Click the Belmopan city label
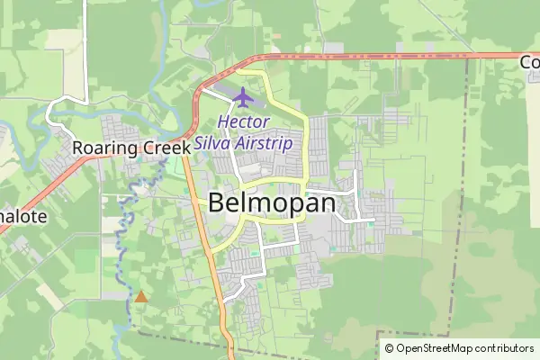tap(271, 203)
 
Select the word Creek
tap(164, 148)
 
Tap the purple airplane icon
tap(243, 95)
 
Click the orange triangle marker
tap(140, 295)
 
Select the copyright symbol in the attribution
tap(390, 348)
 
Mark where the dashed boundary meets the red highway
tap(469, 56)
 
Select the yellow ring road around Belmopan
tap(306, 144)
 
